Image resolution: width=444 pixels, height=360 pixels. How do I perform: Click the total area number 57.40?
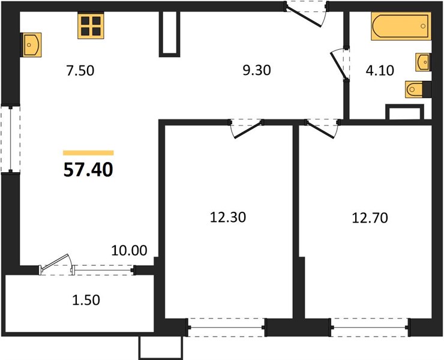[88, 170]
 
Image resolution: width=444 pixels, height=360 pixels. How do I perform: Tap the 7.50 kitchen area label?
[80, 71]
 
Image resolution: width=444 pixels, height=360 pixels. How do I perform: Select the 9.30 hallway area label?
[257, 70]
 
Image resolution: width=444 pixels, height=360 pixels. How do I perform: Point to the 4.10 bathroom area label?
[380, 71]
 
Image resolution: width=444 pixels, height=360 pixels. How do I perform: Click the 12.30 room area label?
[228, 218]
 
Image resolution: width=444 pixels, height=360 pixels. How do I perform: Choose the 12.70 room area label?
[370, 218]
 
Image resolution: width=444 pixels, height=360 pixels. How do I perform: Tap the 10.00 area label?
[129, 251]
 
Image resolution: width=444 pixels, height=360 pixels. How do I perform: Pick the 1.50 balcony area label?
[86, 300]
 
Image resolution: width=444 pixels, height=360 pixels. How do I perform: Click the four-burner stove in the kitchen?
[91, 26]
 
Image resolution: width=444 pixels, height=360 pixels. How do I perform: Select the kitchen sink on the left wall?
[31, 45]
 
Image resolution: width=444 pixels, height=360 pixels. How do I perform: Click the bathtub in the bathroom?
[401, 26]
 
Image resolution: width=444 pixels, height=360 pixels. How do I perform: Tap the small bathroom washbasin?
[423, 62]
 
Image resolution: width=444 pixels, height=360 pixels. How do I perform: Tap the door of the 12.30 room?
[246, 128]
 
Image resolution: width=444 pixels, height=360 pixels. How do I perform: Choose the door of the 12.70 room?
[323, 128]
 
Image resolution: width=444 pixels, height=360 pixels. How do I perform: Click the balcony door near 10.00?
[56, 265]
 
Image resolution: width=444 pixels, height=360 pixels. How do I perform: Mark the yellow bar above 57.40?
[88, 153]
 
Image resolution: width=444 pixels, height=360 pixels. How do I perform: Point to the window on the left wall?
[10, 139]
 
